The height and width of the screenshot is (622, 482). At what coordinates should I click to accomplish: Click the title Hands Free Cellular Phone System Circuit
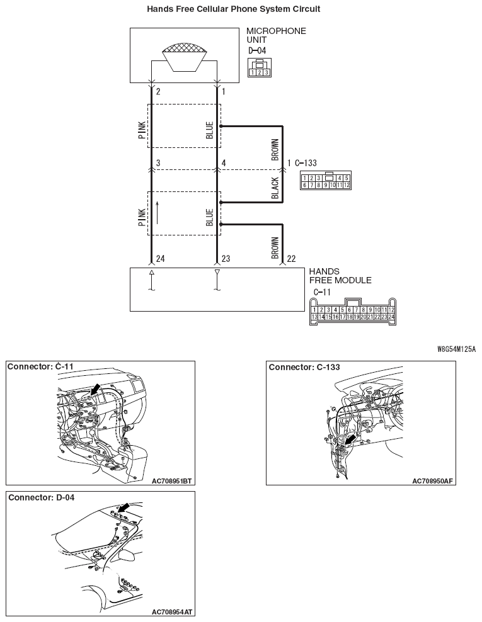(233, 9)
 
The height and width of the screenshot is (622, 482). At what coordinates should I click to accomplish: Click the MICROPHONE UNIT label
(276, 35)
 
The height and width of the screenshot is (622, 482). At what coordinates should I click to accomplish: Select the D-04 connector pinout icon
(260, 67)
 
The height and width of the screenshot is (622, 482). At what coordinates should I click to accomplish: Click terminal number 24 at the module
(161, 258)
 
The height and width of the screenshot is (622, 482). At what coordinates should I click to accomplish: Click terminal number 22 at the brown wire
(291, 258)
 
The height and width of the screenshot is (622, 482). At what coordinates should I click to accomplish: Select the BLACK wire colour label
(275, 188)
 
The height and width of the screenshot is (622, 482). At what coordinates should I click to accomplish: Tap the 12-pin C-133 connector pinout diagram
(325, 181)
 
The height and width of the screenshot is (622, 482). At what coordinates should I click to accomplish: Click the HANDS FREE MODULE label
(340, 276)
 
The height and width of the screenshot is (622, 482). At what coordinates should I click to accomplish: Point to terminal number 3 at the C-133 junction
(159, 163)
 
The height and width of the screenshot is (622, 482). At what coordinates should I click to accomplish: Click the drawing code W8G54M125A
(456, 348)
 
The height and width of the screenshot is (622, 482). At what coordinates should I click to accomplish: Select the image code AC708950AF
(433, 480)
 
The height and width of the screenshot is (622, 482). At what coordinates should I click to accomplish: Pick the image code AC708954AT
(172, 612)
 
